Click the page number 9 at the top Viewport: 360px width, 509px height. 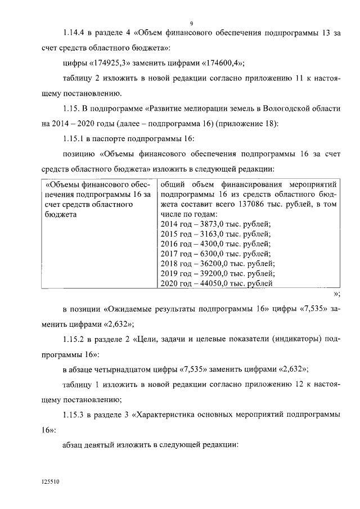pos(191,23)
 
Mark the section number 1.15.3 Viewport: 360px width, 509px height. pos(77,414)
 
